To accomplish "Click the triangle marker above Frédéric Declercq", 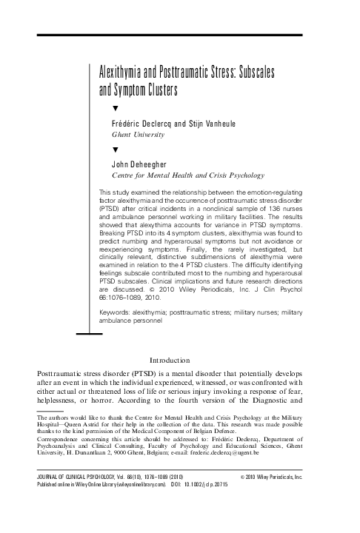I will coord(114,109).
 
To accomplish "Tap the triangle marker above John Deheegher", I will coord(114,149).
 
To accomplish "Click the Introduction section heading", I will coord(179,360).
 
